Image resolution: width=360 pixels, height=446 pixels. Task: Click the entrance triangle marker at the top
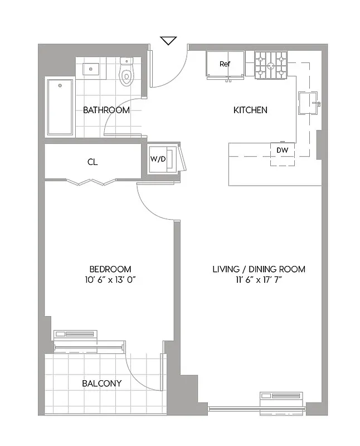(168, 41)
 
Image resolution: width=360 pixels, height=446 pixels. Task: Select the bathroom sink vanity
(91, 69)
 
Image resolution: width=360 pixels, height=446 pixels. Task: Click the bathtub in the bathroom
(60, 106)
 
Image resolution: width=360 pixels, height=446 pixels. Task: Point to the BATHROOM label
(106, 110)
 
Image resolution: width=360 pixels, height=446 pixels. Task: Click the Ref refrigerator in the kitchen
(225, 65)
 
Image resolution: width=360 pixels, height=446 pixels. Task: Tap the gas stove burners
(271, 65)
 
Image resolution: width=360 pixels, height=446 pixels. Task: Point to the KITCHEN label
(250, 110)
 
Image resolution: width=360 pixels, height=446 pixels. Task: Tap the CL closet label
(93, 162)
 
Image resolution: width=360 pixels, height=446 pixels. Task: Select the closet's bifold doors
(90, 181)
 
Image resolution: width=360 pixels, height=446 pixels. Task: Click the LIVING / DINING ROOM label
(259, 269)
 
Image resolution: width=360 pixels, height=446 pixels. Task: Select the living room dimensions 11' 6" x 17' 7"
(259, 280)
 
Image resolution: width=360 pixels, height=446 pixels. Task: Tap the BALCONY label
(101, 384)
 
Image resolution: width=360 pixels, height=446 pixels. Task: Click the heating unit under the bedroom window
(75, 335)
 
